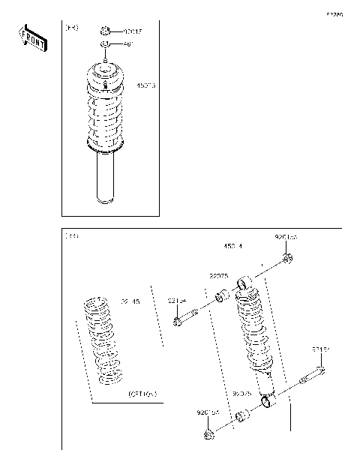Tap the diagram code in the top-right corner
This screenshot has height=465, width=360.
pos(334,14)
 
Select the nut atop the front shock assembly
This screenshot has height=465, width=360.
pos(106,31)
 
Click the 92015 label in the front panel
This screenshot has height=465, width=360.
pos(131,31)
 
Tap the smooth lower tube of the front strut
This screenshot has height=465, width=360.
pos(106,180)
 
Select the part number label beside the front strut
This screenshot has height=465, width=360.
pos(145,86)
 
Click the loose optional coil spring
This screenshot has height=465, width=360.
pos(103,341)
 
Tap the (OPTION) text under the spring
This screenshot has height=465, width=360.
pos(142,393)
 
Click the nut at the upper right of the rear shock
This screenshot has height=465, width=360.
pos(288,259)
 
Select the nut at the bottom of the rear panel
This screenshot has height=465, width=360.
pos(210,433)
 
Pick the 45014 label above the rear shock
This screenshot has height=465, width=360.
pos(232,244)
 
